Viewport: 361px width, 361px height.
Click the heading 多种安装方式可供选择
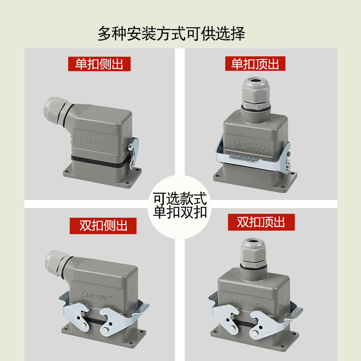(x=171, y=34)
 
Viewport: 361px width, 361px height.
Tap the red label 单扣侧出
(x=99, y=64)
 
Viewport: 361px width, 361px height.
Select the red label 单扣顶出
(x=255, y=64)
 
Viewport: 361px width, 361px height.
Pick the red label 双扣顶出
(x=261, y=222)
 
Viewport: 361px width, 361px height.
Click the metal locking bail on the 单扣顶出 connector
(x=253, y=158)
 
